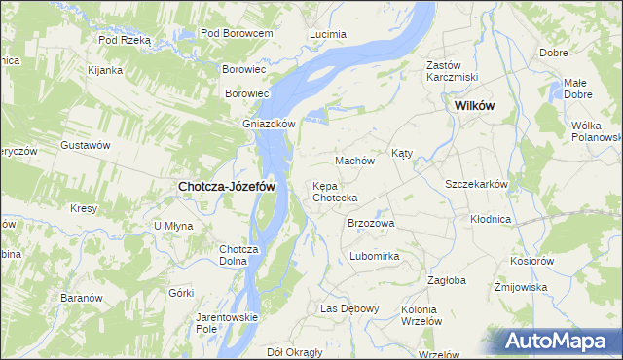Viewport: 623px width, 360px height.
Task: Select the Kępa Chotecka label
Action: [335, 192]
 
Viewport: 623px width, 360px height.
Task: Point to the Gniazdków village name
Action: [269, 124]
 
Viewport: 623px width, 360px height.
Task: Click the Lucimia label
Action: [327, 34]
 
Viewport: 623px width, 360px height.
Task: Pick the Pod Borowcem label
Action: [236, 33]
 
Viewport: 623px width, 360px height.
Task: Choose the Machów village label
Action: [354, 160]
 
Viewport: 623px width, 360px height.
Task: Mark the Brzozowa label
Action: [371, 223]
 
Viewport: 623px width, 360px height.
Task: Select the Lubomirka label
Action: [375, 257]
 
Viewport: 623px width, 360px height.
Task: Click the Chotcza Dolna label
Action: [238, 254]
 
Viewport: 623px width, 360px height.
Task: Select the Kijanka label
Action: [104, 70]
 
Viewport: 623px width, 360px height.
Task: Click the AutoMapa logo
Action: [559, 341]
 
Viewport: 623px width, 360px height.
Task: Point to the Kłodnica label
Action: [491, 219]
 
